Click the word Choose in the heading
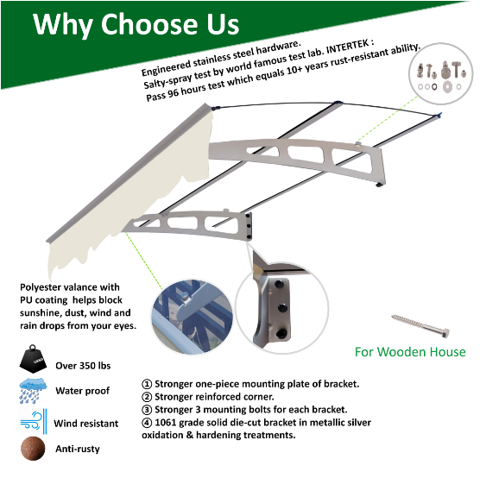[149, 24]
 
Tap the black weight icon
[33, 359]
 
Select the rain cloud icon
[33, 391]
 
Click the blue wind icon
[34, 422]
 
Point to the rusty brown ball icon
[33, 449]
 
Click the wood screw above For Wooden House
[420, 326]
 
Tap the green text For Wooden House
[410, 352]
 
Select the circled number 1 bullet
[147, 384]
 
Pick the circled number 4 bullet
[147, 423]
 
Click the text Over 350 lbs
[83, 366]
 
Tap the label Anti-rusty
[78, 449]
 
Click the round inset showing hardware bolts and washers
[441, 73]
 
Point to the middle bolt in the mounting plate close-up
[282, 308]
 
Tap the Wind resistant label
[86, 424]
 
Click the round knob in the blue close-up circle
[184, 297]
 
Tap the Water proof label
[83, 391]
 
